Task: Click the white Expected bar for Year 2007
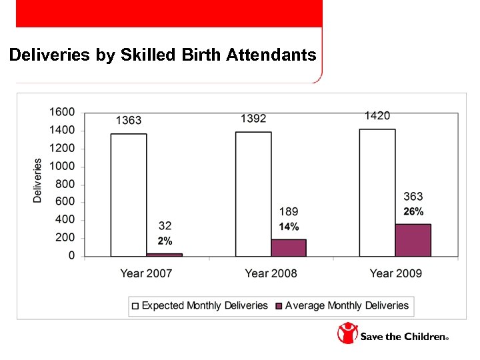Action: pyautogui.click(x=129, y=195)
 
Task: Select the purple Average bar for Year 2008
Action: pyautogui.click(x=289, y=247)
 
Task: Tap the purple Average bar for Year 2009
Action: pyautogui.click(x=413, y=240)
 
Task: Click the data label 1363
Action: pyautogui.click(x=129, y=121)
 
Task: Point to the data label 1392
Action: pyautogui.click(x=253, y=118)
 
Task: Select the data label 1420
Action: pyautogui.click(x=377, y=116)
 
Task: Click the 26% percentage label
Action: pyautogui.click(x=413, y=212)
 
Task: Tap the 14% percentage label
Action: pyautogui.click(x=289, y=227)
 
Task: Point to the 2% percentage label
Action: pyautogui.click(x=165, y=241)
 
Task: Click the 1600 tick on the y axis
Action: pyautogui.click(x=62, y=112)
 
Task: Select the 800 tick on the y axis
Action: pyautogui.click(x=65, y=184)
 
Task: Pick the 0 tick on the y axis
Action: pyautogui.click(x=71, y=256)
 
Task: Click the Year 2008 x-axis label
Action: pyautogui.click(x=271, y=273)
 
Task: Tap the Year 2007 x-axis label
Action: pyautogui.click(x=146, y=273)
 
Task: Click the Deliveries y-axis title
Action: pyautogui.click(x=38, y=180)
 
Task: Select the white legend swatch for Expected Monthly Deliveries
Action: pyautogui.click(x=136, y=306)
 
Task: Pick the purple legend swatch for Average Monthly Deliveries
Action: pyautogui.click(x=279, y=306)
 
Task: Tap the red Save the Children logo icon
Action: pyautogui.click(x=347, y=333)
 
